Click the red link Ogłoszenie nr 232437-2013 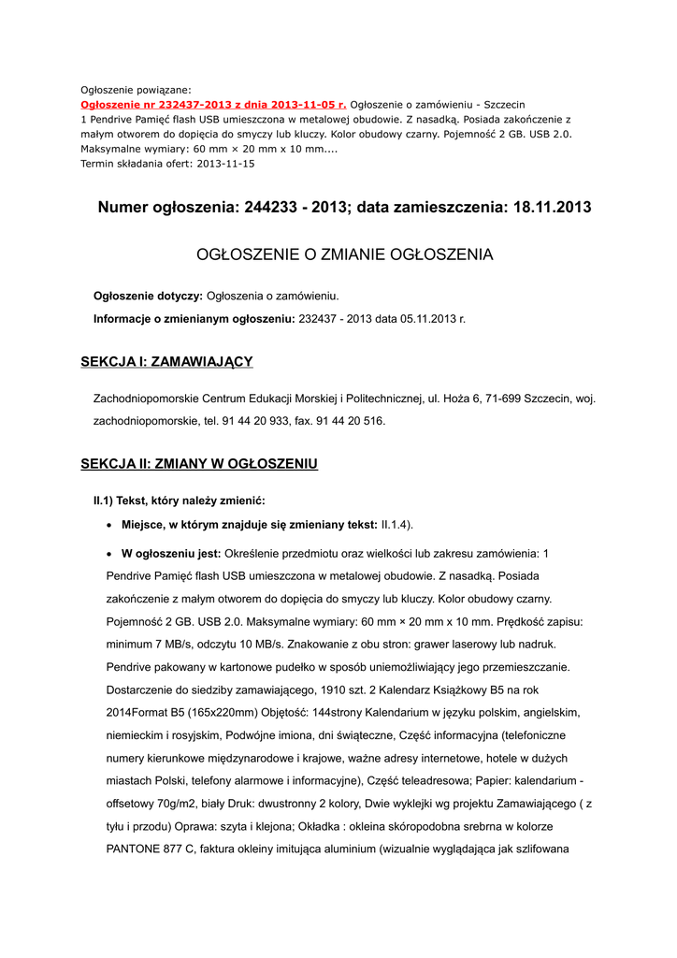(x=213, y=105)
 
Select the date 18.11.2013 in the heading (x=552, y=208)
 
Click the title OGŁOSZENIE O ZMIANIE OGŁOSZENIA (x=343, y=254)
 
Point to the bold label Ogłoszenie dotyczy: (x=148, y=297)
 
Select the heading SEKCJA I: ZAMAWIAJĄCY (x=166, y=362)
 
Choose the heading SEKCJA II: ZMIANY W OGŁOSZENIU (x=199, y=464)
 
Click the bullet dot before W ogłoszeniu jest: (x=110, y=554)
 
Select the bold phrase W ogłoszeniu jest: (x=171, y=553)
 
